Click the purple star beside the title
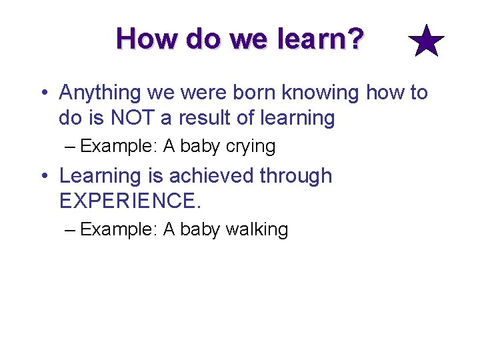pos(426,41)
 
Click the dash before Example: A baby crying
pos(71,146)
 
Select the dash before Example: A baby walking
pos(71,230)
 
